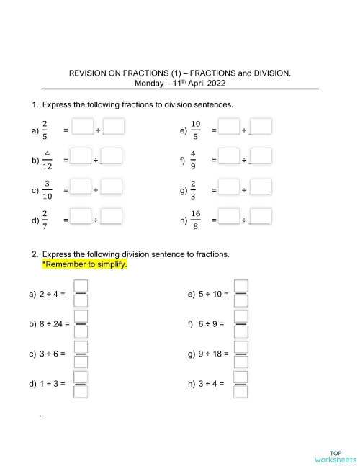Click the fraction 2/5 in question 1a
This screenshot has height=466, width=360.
click(45, 130)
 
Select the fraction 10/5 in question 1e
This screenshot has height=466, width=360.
click(195, 130)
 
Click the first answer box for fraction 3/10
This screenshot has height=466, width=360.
click(83, 189)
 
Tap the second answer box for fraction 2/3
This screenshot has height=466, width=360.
click(261, 188)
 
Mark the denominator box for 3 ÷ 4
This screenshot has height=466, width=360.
click(242, 392)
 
